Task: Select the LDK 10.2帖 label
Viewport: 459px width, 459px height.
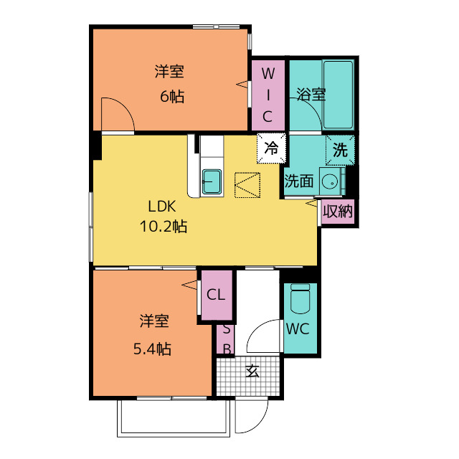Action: [x=163, y=217]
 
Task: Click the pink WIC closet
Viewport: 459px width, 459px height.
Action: [x=267, y=95]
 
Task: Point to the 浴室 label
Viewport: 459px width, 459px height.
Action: [x=311, y=95]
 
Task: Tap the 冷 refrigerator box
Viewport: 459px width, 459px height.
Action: [x=271, y=148]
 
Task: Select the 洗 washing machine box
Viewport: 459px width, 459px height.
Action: [x=340, y=149]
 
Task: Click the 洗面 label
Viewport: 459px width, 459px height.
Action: [x=299, y=181]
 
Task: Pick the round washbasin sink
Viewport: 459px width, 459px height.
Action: [x=331, y=181]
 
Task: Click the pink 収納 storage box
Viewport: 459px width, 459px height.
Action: [x=337, y=212]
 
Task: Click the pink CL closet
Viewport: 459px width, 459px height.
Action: [x=216, y=295]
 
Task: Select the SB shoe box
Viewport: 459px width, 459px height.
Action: [x=226, y=339]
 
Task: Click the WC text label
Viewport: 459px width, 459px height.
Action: [x=297, y=330]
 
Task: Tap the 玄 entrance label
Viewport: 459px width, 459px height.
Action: [x=252, y=371]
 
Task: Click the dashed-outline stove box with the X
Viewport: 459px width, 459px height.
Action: [x=247, y=185]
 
